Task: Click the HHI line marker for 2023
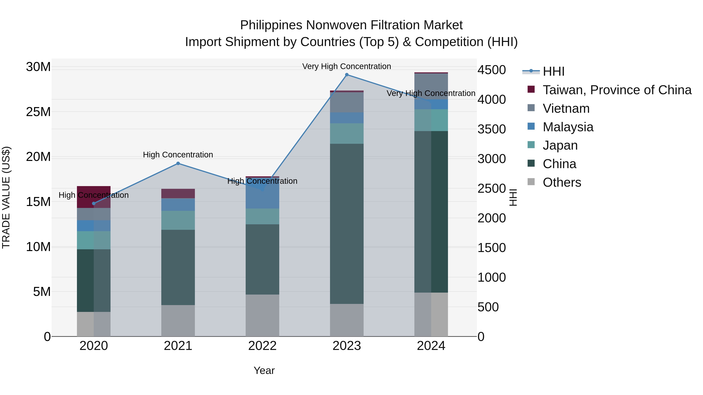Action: coord(347,75)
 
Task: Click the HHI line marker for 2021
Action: coord(178,164)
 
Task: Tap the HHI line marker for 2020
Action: coord(94,204)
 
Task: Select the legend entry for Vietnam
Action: coord(566,108)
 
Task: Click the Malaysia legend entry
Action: coord(568,127)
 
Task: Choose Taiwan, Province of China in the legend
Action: coord(617,90)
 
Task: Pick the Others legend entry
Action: coord(562,182)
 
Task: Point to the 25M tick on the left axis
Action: coord(38,112)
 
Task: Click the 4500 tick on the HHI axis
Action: coord(492,70)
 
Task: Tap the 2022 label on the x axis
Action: coord(262,346)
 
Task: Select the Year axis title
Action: coord(264,370)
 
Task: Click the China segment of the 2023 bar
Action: coord(347,224)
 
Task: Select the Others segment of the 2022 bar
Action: coord(262,315)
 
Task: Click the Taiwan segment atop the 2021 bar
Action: coord(178,194)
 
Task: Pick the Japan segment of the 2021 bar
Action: coord(178,220)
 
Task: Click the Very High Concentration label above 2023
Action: coord(347,66)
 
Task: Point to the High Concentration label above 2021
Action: coord(178,154)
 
